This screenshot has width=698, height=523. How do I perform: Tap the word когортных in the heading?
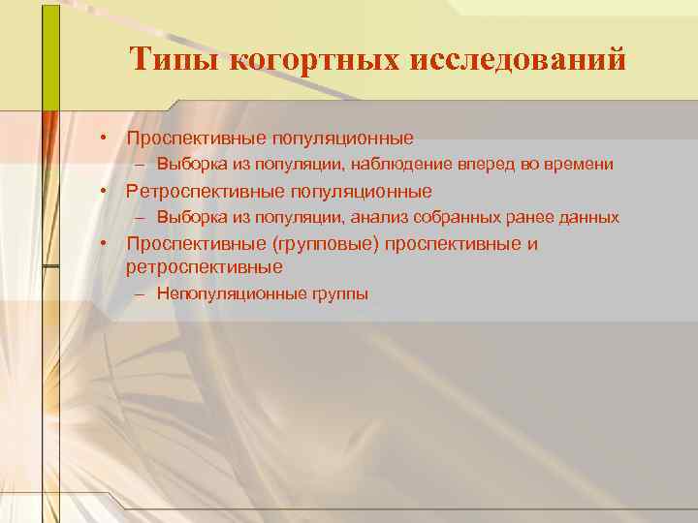pos(310,61)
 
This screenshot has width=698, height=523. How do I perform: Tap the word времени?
pos(579,165)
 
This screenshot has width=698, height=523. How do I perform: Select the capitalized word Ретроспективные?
pos(205,191)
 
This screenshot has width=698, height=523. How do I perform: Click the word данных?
pos(585,217)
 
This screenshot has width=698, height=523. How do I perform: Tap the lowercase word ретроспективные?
pos(205,265)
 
